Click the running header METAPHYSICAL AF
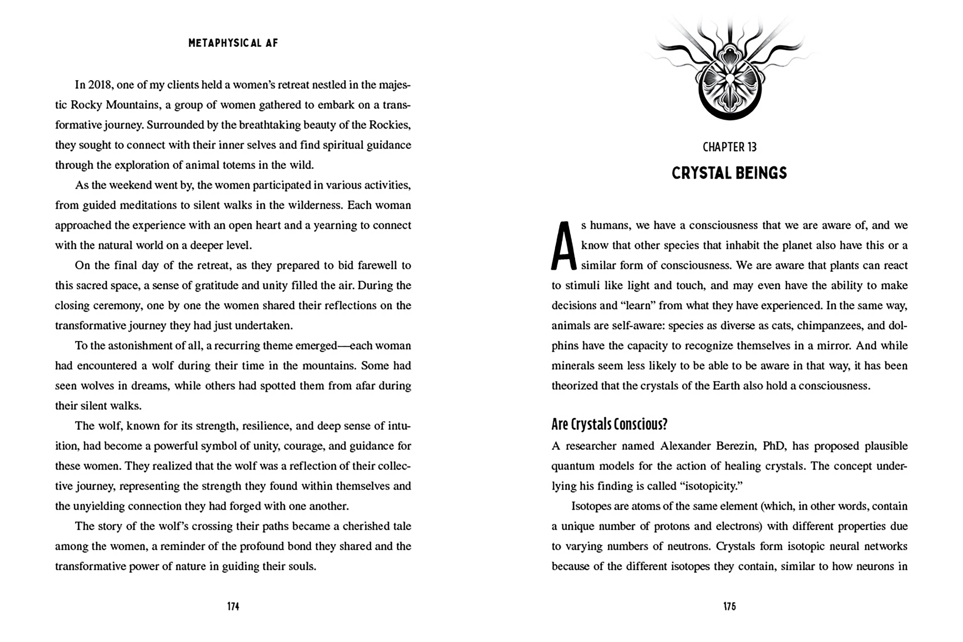click(233, 43)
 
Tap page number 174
click(233, 606)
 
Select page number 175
click(729, 606)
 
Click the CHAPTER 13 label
click(729, 147)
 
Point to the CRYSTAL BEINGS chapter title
click(729, 173)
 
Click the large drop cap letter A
click(563, 246)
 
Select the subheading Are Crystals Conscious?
click(609, 425)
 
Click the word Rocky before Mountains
click(86, 105)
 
